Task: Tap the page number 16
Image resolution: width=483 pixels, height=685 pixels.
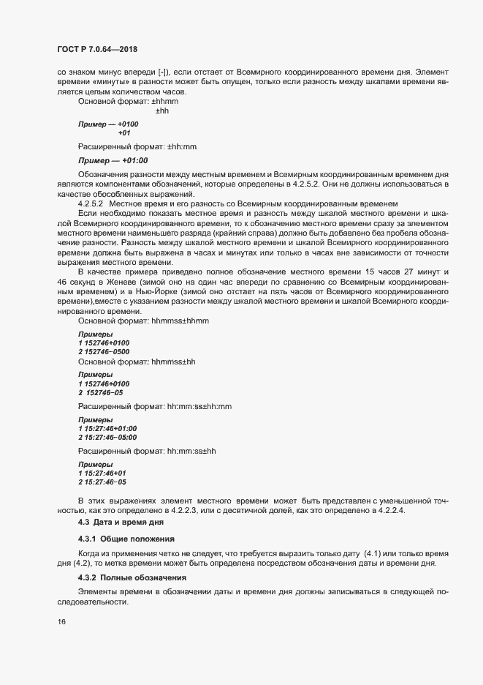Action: coord(61,622)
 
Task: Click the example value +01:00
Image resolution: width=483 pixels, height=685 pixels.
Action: coord(134,160)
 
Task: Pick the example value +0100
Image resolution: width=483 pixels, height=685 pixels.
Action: coord(128,124)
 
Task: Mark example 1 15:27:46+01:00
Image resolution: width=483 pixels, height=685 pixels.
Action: coord(107,427)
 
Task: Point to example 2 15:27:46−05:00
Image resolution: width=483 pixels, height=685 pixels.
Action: coord(107,437)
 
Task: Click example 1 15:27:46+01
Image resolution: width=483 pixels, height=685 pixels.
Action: coord(102,473)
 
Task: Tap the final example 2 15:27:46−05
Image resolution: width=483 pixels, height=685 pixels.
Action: coord(102,482)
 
